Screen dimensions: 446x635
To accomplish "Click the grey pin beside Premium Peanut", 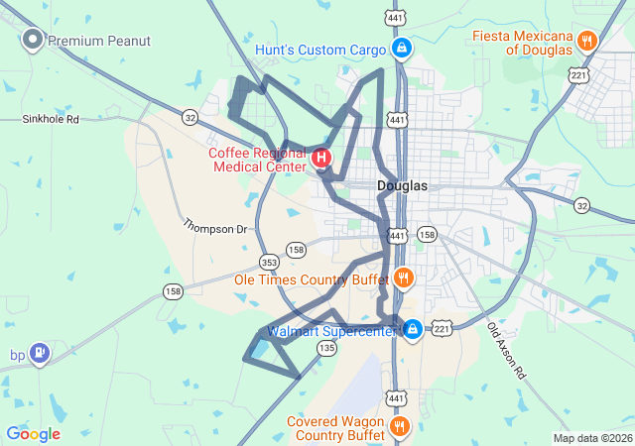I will [x=32, y=40].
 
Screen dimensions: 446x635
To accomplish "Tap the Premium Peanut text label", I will [x=99, y=41].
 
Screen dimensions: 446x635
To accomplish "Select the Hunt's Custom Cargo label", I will [x=319, y=49].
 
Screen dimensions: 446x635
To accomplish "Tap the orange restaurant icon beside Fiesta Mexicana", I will [x=587, y=41].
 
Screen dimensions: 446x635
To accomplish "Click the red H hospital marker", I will [x=321, y=158].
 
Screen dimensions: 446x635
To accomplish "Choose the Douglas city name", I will [x=402, y=185].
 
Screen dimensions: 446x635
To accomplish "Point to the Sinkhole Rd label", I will [x=51, y=119].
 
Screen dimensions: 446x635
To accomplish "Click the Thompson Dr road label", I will [x=214, y=227].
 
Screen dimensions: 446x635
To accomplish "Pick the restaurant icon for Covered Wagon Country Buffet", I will [x=399, y=426].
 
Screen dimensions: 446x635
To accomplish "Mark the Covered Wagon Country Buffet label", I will [x=335, y=427].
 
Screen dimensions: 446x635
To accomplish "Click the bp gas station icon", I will [x=39, y=352].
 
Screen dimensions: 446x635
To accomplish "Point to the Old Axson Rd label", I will [x=506, y=351].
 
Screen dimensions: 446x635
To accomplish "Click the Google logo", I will [x=33, y=433].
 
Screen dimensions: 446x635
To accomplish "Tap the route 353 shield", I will [x=269, y=263].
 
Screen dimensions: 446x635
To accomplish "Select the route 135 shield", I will [x=326, y=348].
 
